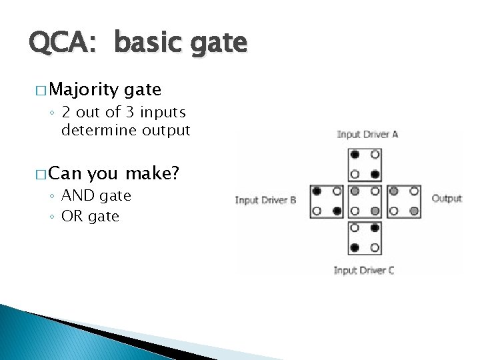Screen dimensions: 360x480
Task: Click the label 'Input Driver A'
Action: tap(367, 135)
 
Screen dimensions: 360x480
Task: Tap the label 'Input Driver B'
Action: tap(265, 200)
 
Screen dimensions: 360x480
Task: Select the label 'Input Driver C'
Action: tap(363, 270)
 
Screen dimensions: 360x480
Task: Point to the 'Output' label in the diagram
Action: tap(447, 198)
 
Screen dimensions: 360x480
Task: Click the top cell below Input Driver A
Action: tap(365, 165)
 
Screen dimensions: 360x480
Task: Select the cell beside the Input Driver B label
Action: tap(327, 201)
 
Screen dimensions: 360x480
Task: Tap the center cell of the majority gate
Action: tap(365, 201)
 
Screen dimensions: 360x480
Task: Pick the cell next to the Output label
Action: tap(404, 201)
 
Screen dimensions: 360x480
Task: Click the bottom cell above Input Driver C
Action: tap(365, 238)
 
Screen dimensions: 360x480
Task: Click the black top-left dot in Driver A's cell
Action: tap(355, 155)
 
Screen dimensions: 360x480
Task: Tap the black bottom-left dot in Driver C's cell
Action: tap(355, 248)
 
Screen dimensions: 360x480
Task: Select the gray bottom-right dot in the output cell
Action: tap(414, 211)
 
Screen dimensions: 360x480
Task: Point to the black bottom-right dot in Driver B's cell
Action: tap(337, 211)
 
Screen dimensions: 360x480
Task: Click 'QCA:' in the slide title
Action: tap(65, 44)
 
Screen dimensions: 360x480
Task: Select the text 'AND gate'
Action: tap(96, 196)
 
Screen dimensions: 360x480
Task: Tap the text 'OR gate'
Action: tap(90, 216)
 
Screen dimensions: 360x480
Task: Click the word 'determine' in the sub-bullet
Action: tap(93, 130)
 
